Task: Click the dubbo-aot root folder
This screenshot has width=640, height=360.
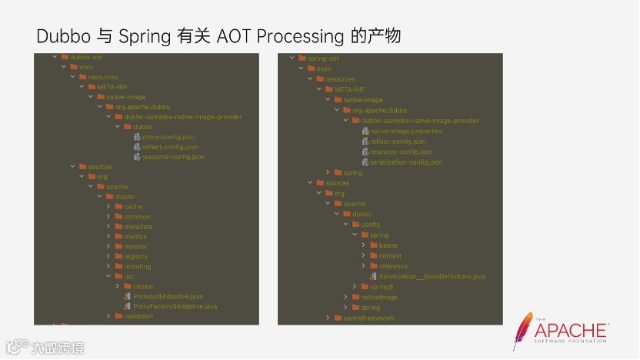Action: (85, 57)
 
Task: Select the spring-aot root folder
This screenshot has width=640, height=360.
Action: (323, 58)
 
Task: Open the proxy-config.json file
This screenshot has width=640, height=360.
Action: (168, 137)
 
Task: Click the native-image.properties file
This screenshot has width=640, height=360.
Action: (405, 132)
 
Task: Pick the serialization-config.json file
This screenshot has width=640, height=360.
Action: (405, 162)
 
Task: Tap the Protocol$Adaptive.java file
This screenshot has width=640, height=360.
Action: (168, 296)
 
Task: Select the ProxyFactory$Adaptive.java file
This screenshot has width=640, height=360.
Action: (175, 306)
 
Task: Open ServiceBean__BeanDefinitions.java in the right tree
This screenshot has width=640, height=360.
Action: (432, 276)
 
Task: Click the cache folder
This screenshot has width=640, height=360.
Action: (133, 207)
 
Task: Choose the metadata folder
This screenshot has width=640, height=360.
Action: (138, 227)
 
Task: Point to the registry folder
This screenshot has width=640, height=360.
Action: (135, 256)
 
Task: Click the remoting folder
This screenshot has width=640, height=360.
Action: (138, 266)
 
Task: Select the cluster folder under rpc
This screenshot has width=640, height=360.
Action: (143, 286)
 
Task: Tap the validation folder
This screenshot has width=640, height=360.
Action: (138, 316)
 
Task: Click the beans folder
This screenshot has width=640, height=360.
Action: (388, 245)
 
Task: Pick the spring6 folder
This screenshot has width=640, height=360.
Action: (382, 287)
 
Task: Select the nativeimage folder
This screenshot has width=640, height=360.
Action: (378, 297)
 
